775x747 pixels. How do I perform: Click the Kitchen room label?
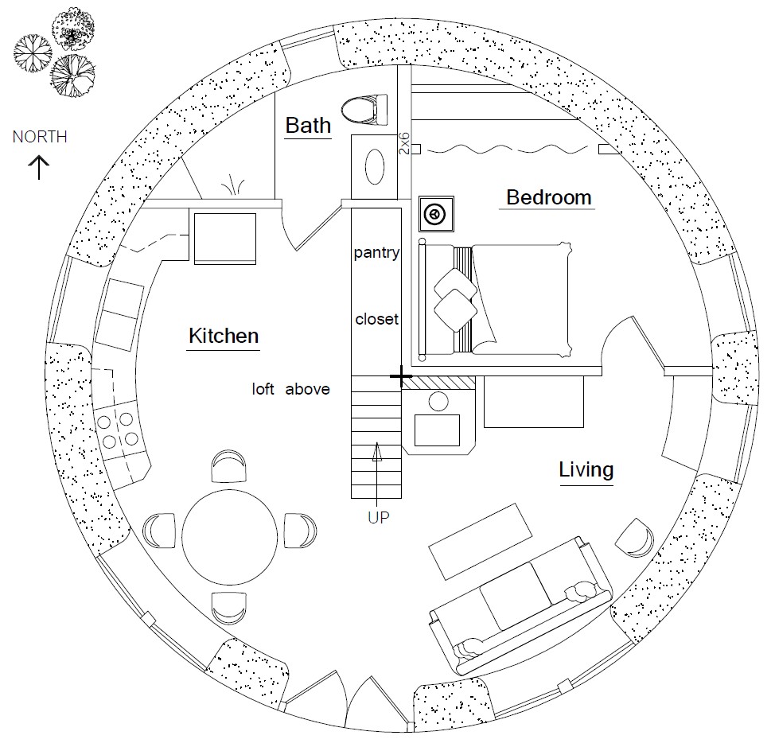(224, 336)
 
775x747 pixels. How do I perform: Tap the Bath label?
(308, 125)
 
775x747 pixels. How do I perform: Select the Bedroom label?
(549, 196)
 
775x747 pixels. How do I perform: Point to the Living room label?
(586, 469)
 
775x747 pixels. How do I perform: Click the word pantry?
(376, 253)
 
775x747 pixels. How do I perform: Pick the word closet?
(376, 319)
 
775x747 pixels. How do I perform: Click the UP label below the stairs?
(378, 517)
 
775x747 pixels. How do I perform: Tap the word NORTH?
(40, 137)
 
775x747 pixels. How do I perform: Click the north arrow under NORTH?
(39, 166)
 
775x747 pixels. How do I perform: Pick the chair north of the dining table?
(228, 465)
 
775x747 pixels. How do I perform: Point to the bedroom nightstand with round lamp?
(436, 214)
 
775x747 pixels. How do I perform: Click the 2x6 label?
(404, 141)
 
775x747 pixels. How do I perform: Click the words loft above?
(290, 389)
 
